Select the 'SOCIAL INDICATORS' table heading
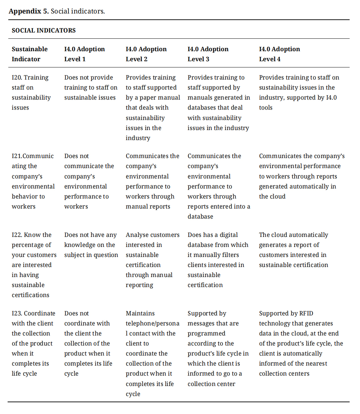(44, 30)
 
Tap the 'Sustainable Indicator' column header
(30, 54)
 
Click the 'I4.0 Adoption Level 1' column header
(84, 54)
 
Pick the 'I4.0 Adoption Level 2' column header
(146, 54)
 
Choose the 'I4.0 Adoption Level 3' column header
(208, 54)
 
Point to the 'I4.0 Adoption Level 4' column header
(279, 54)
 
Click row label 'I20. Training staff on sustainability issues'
(31, 92)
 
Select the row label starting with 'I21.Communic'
(33, 181)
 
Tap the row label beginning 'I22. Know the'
(34, 265)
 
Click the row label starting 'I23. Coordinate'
(33, 343)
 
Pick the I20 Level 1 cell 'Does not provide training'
(91, 88)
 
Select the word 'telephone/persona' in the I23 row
(152, 323)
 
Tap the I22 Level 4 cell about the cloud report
(293, 250)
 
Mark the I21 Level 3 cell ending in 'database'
(219, 186)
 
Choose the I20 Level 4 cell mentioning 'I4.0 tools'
(299, 92)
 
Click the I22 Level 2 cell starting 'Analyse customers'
(152, 260)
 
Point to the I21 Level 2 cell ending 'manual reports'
(152, 181)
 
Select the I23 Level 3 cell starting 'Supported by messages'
(218, 348)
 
